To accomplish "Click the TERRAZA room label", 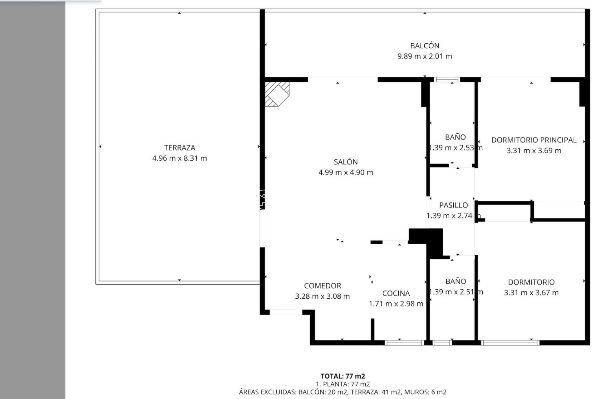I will [x=179, y=148].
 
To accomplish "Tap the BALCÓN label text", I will [x=425, y=46].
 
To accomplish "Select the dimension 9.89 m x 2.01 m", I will [x=425, y=56].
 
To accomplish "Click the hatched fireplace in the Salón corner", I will [x=276, y=94].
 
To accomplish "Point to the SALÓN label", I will [x=346, y=162].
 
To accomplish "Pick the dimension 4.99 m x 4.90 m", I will [x=346, y=172].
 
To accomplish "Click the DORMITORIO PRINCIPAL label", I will [x=534, y=140].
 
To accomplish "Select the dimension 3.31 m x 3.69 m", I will [x=534, y=151].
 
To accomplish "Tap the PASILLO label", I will [x=453, y=205].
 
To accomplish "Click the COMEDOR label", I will [x=322, y=286].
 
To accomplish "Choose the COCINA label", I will [x=396, y=293].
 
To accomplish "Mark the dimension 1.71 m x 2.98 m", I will [x=396, y=304].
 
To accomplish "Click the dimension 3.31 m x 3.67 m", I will [x=531, y=293].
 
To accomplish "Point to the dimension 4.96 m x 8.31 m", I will [x=179, y=158].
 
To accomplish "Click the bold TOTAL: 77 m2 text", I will [x=343, y=376].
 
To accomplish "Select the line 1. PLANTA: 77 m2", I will [x=343, y=384].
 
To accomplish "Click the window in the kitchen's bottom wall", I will [x=404, y=343].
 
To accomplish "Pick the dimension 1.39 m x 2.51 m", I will [x=456, y=292].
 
